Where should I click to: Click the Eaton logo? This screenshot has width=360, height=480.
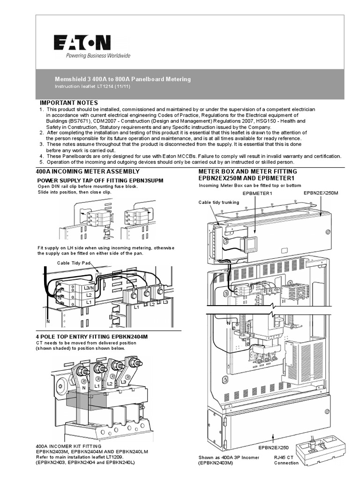[82, 43]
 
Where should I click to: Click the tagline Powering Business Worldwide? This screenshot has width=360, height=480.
[91, 56]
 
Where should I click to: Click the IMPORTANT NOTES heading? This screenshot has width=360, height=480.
[68, 103]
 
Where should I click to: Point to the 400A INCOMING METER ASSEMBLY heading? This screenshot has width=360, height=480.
[88, 171]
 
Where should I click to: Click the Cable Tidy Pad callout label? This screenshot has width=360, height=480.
[73, 263]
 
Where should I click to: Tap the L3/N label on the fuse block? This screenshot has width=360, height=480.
[88, 288]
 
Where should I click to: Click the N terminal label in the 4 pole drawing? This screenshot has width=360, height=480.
[83, 388]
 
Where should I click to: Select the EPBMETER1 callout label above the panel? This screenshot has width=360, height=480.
[257, 193]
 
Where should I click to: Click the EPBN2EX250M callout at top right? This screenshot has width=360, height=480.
[321, 193]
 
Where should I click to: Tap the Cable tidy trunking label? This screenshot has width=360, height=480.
[219, 202]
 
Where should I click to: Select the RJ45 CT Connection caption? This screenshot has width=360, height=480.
[286, 460]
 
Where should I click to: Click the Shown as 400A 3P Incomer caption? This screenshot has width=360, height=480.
[228, 457]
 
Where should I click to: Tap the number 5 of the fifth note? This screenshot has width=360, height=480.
[41, 162]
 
